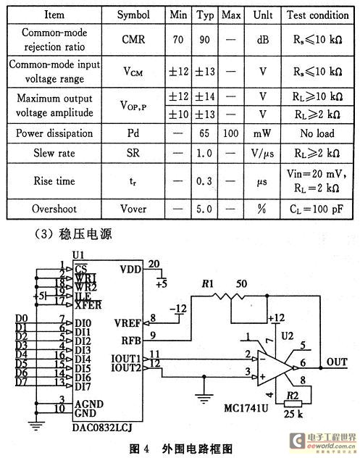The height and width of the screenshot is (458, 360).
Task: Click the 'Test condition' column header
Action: (x=318, y=15)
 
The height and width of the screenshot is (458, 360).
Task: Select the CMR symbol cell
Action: (x=133, y=39)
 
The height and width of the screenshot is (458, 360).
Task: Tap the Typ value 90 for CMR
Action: (x=204, y=39)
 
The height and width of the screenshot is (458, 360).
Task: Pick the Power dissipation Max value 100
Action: (x=230, y=133)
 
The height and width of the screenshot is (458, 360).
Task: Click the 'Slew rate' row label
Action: (x=54, y=153)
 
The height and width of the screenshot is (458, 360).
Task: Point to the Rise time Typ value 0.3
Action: (x=204, y=181)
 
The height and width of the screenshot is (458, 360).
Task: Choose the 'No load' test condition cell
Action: (x=317, y=133)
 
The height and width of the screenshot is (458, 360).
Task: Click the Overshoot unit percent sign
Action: (x=262, y=209)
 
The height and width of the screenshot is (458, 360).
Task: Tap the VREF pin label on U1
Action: (x=127, y=323)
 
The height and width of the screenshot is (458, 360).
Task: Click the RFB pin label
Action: (x=131, y=341)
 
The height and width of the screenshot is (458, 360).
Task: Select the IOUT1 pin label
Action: (x=126, y=359)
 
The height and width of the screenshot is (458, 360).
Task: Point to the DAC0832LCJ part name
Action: (x=102, y=428)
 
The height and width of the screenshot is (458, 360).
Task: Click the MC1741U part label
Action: (x=246, y=408)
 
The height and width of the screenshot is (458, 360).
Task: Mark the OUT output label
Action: (x=337, y=362)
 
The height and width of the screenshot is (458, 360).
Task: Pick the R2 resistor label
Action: (x=293, y=396)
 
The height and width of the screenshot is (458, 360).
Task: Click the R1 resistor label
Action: (x=208, y=283)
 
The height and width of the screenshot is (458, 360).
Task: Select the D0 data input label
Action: (x=21, y=318)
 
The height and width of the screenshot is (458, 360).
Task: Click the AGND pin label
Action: (x=89, y=404)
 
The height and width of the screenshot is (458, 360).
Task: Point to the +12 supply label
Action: (x=276, y=318)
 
